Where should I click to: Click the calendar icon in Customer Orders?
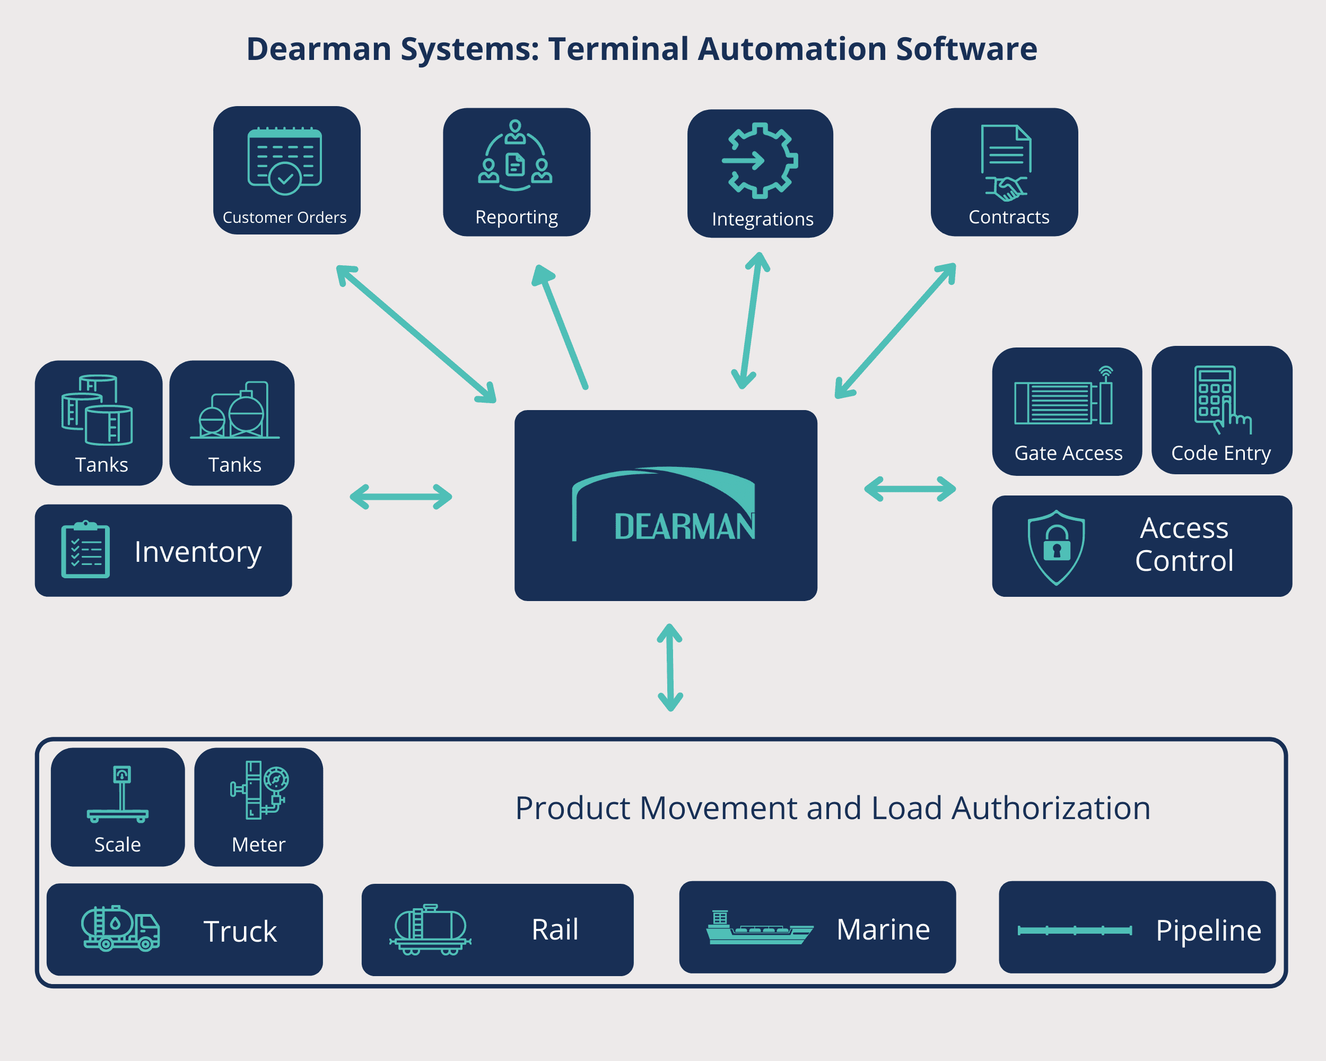(x=284, y=161)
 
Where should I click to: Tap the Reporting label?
(x=517, y=217)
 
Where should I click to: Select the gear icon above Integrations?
(x=760, y=161)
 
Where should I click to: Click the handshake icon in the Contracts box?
(x=1006, y=188)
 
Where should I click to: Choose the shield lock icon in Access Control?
(x=1056, y=547)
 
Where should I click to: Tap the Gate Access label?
(x=1068, y=453)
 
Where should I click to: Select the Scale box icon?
(x=118, y=794)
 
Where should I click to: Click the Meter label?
(x=258, y=845)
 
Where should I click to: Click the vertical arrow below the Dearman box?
(x=670, y=667)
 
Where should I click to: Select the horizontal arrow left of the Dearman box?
(x=401, y=497)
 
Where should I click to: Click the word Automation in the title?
(x=792, y=49)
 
